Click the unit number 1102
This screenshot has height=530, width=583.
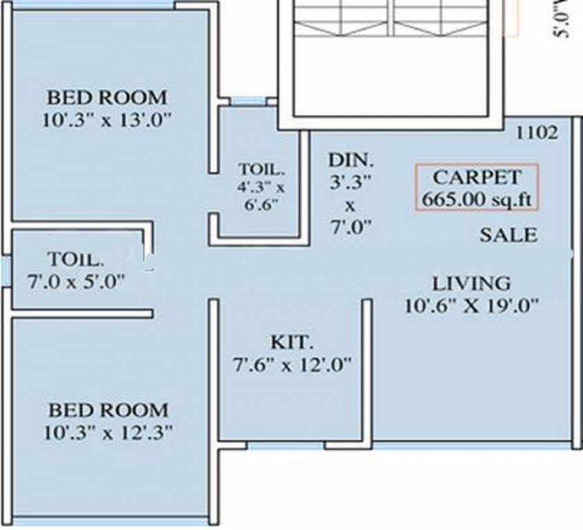point(537,133)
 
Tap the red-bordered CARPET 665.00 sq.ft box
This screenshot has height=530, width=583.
point(478,188)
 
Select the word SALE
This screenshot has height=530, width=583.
point(508,235)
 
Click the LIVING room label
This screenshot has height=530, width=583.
point(472,283)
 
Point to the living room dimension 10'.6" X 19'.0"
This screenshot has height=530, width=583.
point(472,304)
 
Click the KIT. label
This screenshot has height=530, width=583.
point(292,342)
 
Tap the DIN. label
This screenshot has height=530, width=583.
point(350,161)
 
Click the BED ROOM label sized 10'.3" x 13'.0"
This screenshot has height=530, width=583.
point(106,96)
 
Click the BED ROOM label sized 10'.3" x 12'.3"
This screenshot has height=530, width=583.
point(108,410)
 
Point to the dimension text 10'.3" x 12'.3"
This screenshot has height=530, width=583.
point(108,432)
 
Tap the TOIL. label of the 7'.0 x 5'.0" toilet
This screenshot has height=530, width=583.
point(76,260)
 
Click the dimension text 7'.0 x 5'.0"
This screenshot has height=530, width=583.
point(76,280)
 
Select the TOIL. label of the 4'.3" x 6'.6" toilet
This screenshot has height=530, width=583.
point(260,168)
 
